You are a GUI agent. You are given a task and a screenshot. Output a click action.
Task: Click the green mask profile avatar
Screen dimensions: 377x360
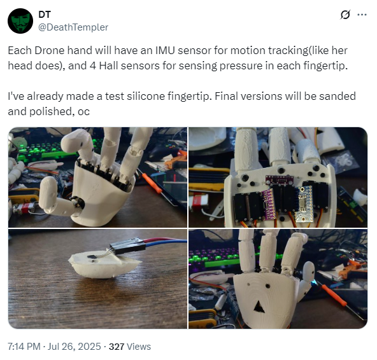(20, 21)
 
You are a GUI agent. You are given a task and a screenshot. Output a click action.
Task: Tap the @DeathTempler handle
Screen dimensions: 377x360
(73, 27)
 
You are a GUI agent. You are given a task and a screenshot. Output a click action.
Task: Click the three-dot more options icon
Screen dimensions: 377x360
(362, 15)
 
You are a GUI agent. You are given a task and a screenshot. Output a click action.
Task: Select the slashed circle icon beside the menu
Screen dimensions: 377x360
(345, 15)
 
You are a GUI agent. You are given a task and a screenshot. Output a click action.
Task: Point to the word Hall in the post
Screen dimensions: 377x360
(108, 66)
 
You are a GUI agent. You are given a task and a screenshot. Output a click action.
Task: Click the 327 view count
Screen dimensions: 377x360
(117, 347)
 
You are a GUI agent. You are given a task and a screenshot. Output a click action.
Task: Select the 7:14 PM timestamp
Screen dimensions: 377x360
(24, 347)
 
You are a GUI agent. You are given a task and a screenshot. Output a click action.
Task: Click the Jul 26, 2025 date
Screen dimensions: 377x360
(74, 347)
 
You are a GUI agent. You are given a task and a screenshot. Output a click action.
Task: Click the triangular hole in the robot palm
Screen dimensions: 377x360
(259, 307)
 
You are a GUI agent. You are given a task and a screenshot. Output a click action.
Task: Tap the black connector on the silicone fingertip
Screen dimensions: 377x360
(127, 246)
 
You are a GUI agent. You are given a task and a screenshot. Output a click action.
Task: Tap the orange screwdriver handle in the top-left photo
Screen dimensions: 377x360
(152, 183)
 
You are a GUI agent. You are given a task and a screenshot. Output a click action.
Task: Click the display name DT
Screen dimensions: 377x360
(45, 15)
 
